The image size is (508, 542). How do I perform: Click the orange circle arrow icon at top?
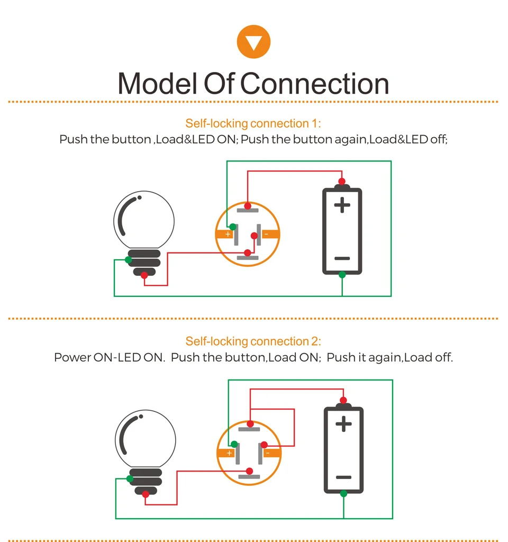coord(253,41)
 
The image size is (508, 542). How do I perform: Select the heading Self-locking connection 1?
coord(253,123)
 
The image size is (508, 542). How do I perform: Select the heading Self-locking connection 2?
coord(253,341)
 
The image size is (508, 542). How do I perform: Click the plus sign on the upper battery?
coord(342,205)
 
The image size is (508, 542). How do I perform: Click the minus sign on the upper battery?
coord(342,258)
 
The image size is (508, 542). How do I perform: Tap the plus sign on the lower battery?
coord(343,424)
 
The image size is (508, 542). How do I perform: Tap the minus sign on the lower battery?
coord(343,477)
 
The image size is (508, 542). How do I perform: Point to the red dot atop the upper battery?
coord(342,182)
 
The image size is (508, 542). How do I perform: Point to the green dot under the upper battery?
coord(342,275)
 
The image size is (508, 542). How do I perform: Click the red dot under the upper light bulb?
coord(144,275)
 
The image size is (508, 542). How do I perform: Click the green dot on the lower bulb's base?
coord(130,478)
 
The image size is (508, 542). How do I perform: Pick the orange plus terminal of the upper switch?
coord(225,234)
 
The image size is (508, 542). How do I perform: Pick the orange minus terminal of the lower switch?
coord(272,453)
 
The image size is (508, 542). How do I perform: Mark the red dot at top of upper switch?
coord(248,206)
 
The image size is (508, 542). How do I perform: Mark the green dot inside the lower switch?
coord(234,444)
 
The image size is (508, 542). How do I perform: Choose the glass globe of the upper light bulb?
coord(144,221)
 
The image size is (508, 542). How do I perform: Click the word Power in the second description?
coord(72,357)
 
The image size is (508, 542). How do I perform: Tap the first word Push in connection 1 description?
coord(73,139)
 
